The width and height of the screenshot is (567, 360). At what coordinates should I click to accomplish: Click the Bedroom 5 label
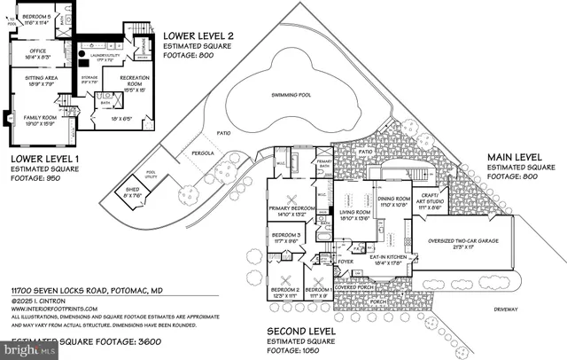(x=36, y=18)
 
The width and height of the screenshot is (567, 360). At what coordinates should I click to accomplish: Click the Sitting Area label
(x=35, y=82)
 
